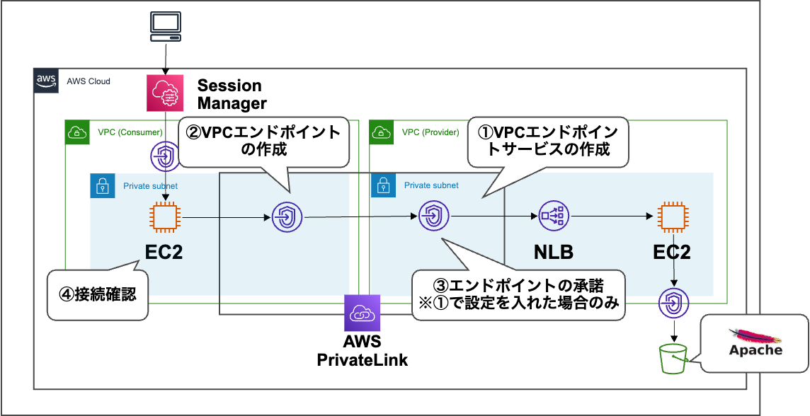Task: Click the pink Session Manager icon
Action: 165,93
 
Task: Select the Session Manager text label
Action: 231,94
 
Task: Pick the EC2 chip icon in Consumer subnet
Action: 165,217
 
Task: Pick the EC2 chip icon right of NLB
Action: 670,217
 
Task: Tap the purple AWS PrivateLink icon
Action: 362,313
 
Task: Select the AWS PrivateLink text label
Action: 362,352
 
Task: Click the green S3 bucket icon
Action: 673,358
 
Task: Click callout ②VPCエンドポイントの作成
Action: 263,141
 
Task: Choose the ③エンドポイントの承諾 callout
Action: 518,294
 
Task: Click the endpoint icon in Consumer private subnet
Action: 287,217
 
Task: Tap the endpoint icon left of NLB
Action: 433,217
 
